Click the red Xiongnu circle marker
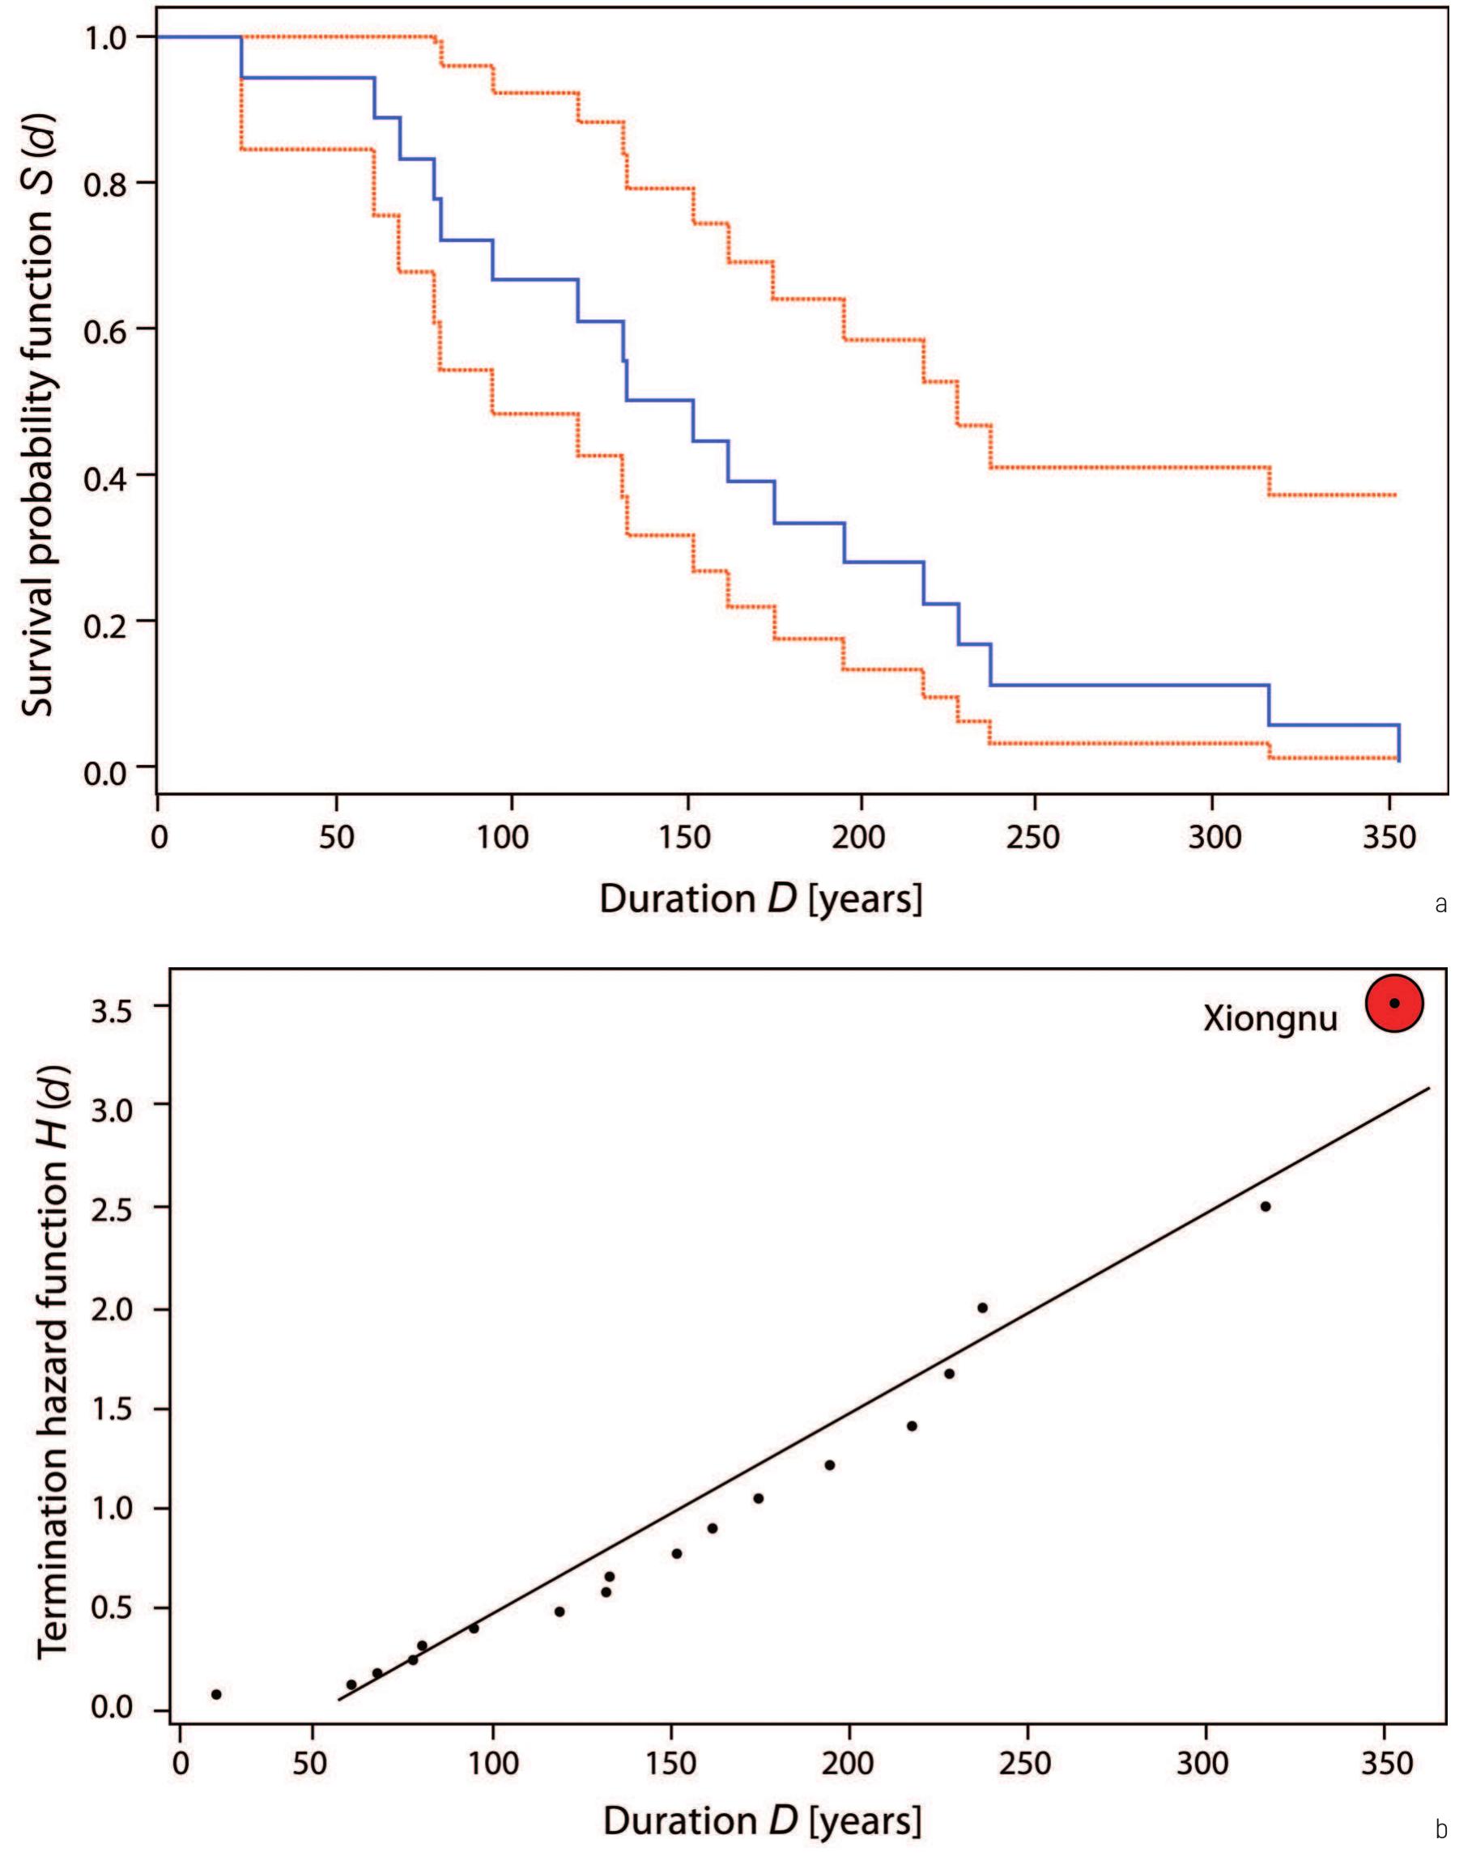coord(1393,1003)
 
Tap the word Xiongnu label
coord(1270,1020)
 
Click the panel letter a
coord(1441,905)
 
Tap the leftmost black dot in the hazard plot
coord(216,1694)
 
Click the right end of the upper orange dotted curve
coord(1393,495)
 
